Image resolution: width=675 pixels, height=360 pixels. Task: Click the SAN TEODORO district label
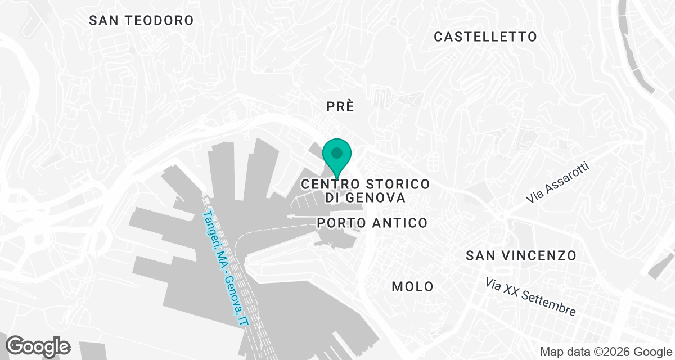point(142,21)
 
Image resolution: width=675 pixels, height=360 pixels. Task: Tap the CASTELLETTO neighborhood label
point(485,37)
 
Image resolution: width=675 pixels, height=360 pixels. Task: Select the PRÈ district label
point(341,106)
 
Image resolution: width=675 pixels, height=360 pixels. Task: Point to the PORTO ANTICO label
point(372,223)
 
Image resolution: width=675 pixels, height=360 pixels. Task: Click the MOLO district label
point(412,286)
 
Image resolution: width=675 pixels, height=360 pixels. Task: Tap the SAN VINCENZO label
point(521,256)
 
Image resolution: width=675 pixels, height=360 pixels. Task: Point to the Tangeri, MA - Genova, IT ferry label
point(226,268)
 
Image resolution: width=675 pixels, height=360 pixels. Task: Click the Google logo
point(38,346)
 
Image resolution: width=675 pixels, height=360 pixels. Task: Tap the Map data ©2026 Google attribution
point(605,352)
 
